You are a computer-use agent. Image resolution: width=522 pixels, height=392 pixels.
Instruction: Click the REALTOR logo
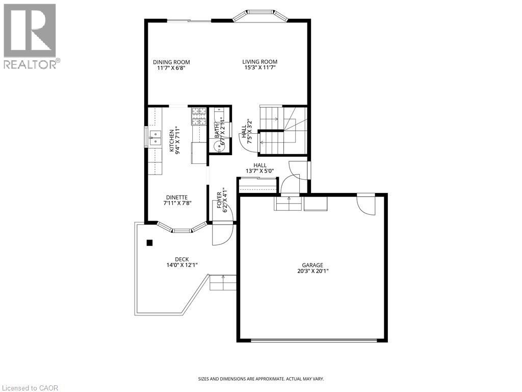[x=30, y=36]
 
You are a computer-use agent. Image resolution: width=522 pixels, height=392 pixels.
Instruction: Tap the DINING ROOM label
[x=171, y=62]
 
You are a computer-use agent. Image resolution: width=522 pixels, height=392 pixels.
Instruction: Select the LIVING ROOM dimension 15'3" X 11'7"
[x=259, y=68]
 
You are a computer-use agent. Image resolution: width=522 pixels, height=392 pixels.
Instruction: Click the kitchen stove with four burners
[x=199, y=116]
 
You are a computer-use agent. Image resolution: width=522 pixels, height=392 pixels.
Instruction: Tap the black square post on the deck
[x=149, y=243]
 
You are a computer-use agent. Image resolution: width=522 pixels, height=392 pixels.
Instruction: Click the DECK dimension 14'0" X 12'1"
[x=181, y=265]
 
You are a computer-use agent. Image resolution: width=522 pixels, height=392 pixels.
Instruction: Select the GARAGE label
[x=312, y=265]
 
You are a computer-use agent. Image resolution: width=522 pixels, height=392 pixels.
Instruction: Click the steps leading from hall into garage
[x=288, y=203]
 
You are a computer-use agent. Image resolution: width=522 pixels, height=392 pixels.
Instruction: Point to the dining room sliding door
[x=189, y=20]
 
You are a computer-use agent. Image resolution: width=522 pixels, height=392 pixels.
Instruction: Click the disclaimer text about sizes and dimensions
[x=260, y=379]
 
